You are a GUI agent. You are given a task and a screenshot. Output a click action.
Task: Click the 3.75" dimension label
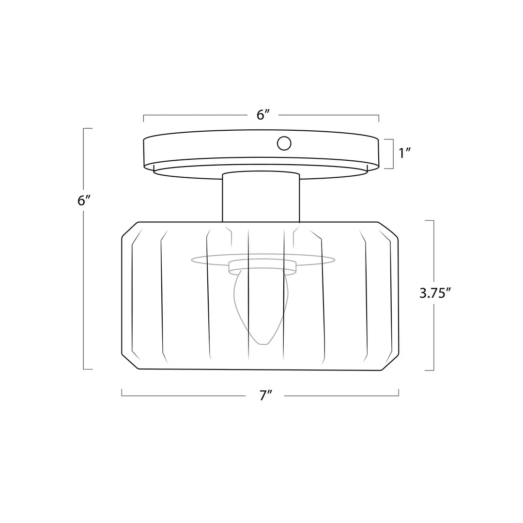[435, 293]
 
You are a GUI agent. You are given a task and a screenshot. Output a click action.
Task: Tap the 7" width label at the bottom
[266, 396]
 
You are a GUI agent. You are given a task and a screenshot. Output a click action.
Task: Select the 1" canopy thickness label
[404, 153]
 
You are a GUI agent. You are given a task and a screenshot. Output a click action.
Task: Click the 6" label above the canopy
[263, 115]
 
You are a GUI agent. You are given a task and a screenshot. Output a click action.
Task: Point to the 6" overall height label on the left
[84, 200]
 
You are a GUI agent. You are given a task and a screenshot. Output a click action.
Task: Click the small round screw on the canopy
[284, 143]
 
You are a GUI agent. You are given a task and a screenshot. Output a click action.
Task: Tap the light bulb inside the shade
[261, 307]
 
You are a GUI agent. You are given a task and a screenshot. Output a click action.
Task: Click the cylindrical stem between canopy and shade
[261, 197]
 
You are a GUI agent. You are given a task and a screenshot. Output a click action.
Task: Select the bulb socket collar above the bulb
[262, 267]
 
